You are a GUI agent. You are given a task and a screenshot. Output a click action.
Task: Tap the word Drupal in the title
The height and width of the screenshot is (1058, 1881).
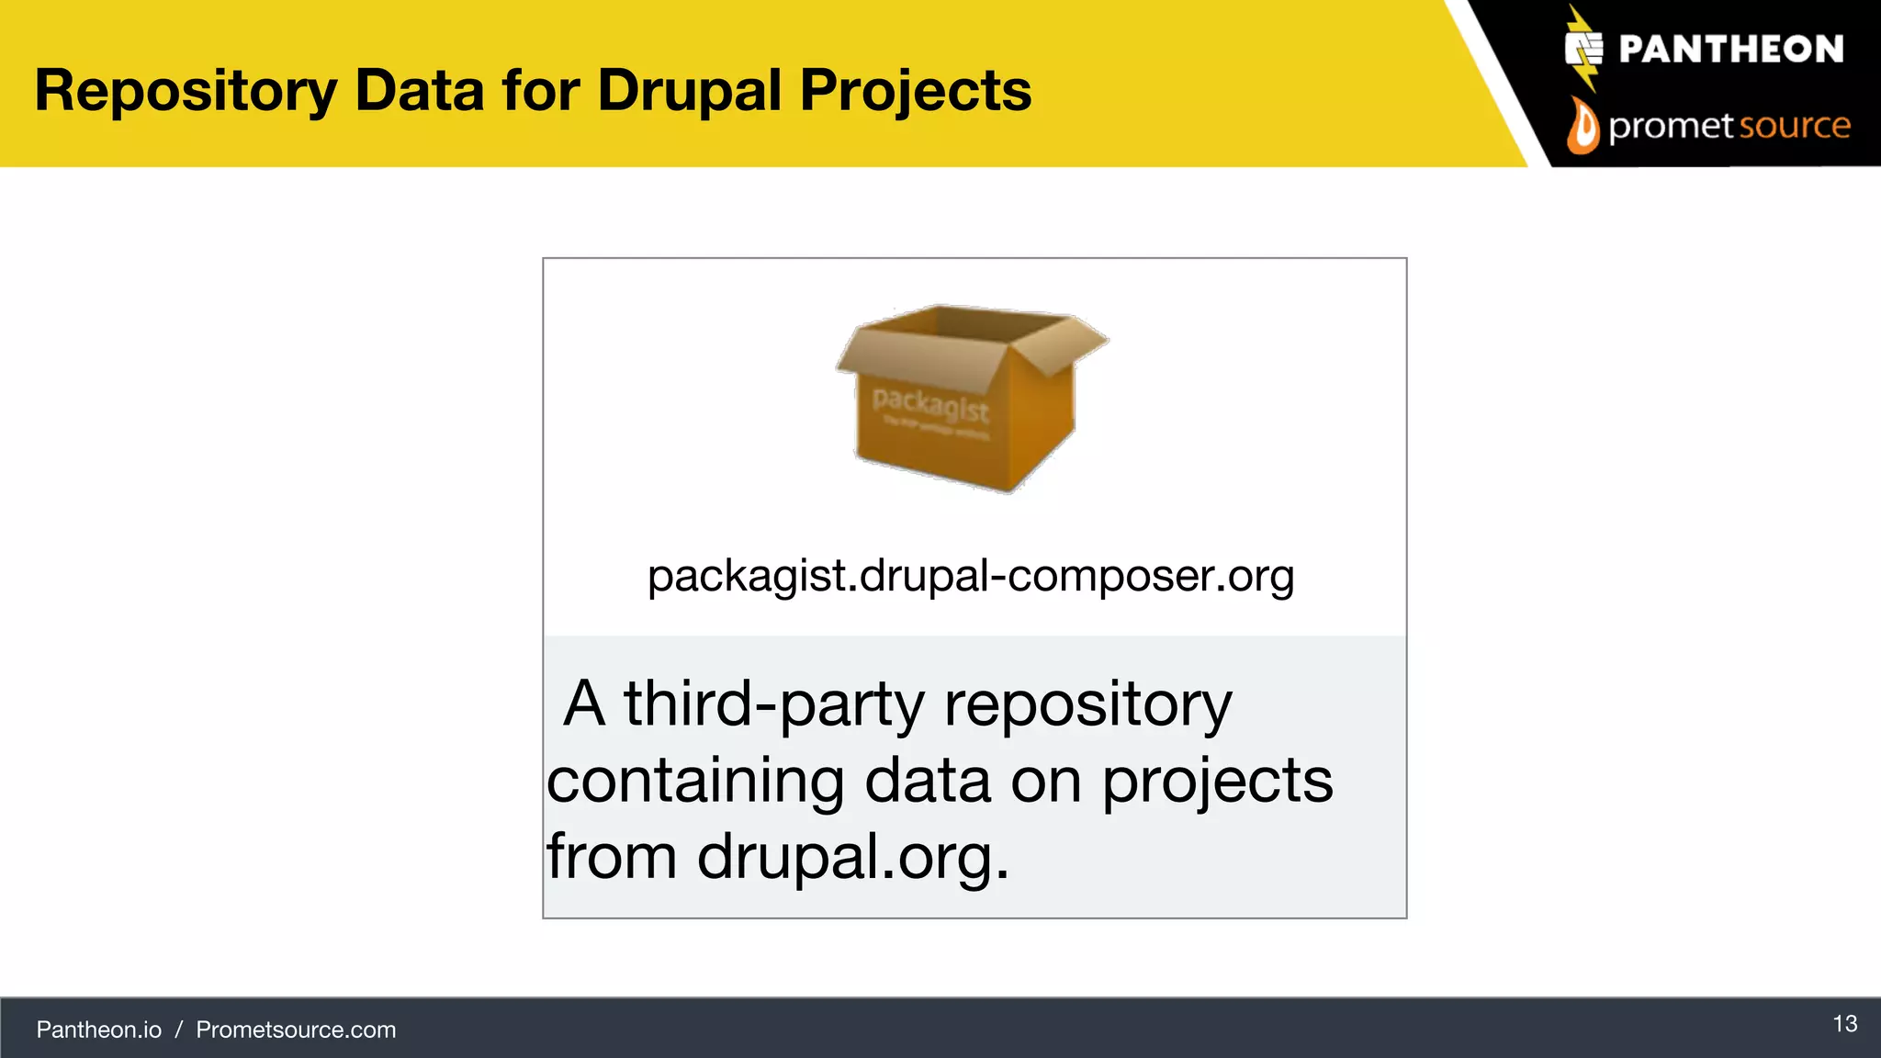pyautogui.click(x=689, y=91)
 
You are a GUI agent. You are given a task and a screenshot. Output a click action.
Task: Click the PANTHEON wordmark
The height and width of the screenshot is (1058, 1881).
pyautogui.click(x=1730, y=49)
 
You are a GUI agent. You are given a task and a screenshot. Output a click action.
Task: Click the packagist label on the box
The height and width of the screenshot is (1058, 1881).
pyautogui.click(x=929, y=403)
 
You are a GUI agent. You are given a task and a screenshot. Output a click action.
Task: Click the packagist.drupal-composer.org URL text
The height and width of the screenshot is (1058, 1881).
pyautogui.click(x=971, y=576)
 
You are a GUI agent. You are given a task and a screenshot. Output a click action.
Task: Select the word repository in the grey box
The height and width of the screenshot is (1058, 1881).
pyautogui.click(x=1087, y=704)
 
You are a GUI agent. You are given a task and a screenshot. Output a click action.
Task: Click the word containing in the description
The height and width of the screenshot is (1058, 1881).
pyautogui.click(x=695, y=781)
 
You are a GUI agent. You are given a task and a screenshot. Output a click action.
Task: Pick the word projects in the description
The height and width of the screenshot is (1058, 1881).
pyautogui.click(x=1217, y=781)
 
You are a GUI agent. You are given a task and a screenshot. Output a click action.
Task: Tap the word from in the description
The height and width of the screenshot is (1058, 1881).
pyautogui.click(x=612, y=857)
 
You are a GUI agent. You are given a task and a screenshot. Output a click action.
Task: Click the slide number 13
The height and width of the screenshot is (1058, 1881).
pyautogui.click(x=1844, y=1024)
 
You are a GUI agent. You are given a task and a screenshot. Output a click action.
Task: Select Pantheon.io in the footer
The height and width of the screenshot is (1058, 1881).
pyautogui.click(x=99, y=1030)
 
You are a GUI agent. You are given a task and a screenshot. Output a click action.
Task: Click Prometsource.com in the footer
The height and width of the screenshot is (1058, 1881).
pyautogui.click(x=296, y=1030)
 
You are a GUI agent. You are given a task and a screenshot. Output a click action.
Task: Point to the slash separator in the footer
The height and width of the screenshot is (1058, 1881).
pyautogui.click(x=179, y=1030)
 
